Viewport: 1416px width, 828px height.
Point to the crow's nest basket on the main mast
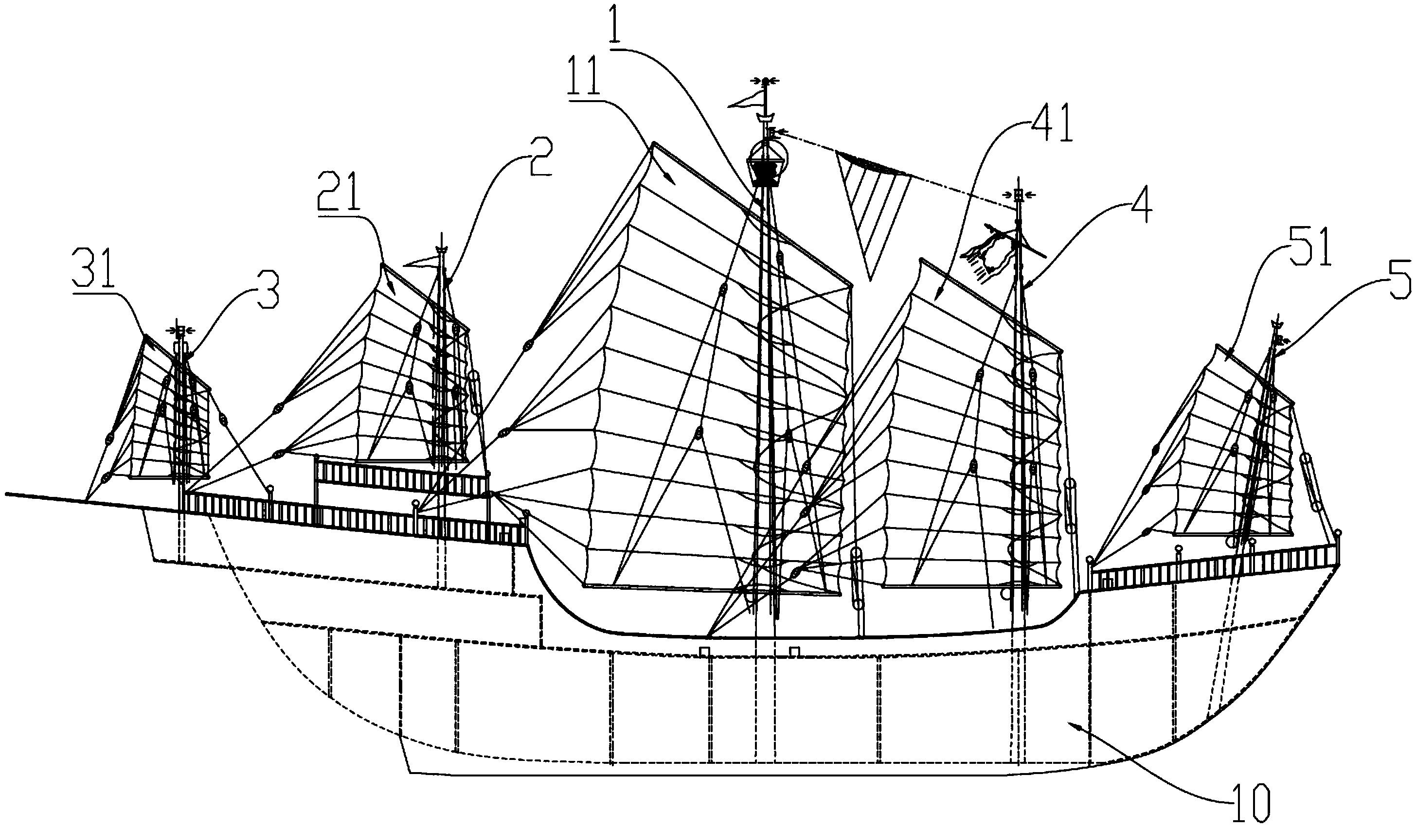pyautogui.click(x=765, y=171)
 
